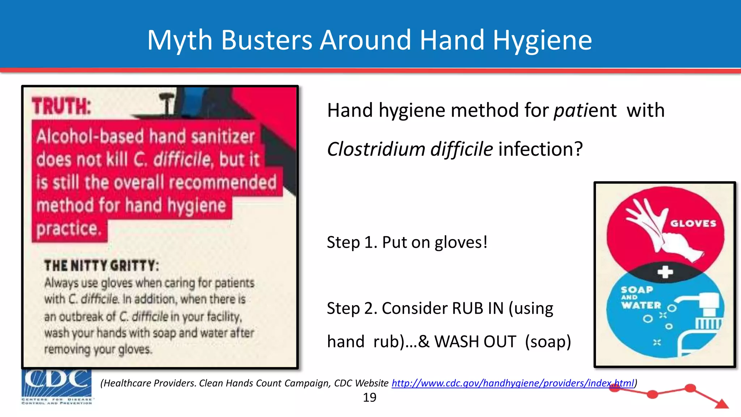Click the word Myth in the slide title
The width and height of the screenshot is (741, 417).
click(x=180, y=40)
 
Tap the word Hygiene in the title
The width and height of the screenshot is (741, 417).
click(x=542, y=41)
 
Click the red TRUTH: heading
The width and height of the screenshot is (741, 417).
click(x=61, y=106)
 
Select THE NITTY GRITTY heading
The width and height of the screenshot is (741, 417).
click(x=101, y=266)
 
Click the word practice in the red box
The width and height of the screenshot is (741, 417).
click(x=68, y=229)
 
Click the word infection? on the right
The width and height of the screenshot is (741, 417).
click(x=541, y=149)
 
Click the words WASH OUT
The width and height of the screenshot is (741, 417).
click(x=475, y=342)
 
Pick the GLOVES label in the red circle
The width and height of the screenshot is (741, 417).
click(x=693, y=223)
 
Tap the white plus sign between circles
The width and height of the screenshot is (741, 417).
click(x=665, y=272)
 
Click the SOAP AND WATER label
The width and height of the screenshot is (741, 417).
click(x=640, y=298)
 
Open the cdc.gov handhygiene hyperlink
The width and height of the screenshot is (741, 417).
click(x=513, y=383)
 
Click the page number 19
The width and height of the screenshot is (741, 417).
click(x=369, y=397)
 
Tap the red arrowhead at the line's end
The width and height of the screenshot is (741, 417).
click(x=722, y=404)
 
